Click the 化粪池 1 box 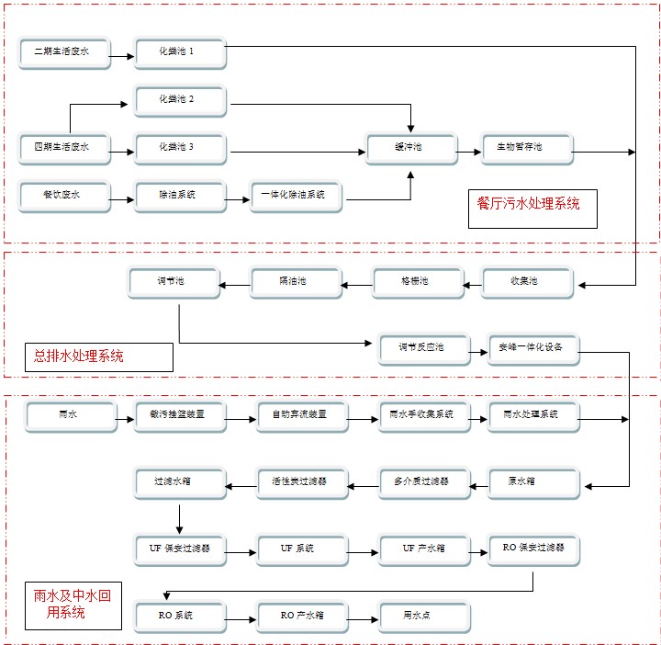179,52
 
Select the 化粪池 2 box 179,100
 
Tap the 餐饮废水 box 64,196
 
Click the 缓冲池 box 410,148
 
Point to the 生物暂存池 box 527,148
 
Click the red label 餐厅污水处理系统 529,205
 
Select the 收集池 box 527,282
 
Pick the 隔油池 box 294,282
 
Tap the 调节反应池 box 422,348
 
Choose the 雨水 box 68,416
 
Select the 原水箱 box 532,482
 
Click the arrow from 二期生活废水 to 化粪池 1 122,55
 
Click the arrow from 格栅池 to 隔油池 356,285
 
